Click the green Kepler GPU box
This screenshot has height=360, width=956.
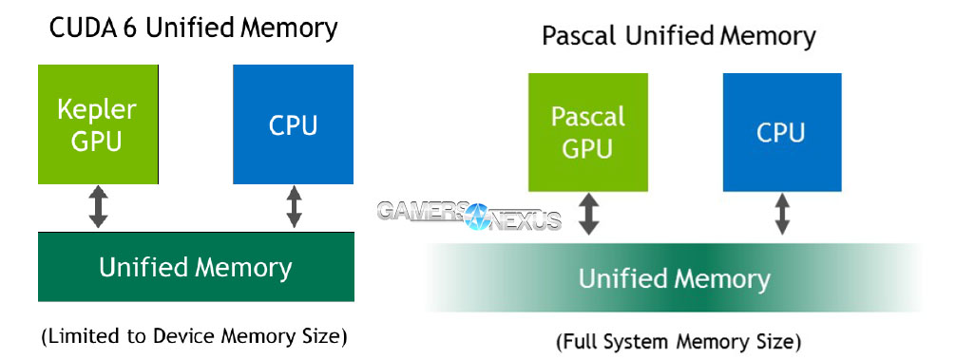click(98, 123)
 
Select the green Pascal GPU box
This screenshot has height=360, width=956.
click(588, 131)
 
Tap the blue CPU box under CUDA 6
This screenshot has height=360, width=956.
click(294, 123)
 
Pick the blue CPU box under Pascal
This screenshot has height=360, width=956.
click(781, 131)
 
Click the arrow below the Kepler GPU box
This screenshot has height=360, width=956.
click(98, 207)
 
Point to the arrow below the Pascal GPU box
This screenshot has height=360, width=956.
click(589, 215)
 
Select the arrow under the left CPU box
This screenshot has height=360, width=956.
click(294, 207)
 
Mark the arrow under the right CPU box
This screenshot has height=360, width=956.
click(782, 215)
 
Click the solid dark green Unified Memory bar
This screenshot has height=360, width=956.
click(196, 267)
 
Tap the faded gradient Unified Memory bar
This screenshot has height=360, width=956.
click(674, 278)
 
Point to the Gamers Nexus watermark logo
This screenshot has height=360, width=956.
click(469, 215)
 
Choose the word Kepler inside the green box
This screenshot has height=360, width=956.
click(97, 108)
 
